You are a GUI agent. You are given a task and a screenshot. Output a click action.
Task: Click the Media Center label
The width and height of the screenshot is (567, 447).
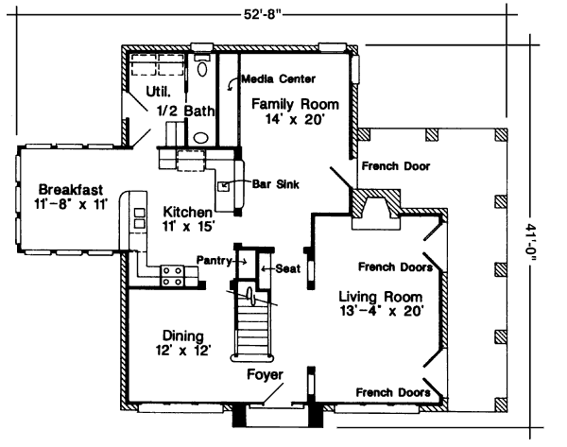[x=278, y=77]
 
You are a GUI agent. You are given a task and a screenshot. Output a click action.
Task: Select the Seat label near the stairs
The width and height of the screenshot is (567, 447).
[x=287, y=269]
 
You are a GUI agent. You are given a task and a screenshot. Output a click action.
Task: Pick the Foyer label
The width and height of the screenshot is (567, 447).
[x=265, y=375]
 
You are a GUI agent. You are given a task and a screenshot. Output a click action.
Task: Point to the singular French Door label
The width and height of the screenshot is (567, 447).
[x=395, y=166]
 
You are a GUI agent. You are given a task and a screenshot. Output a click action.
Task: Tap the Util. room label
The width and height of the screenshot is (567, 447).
[x=157, y=92]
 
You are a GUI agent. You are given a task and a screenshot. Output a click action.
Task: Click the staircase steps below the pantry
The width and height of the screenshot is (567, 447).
[x=253, y=331]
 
